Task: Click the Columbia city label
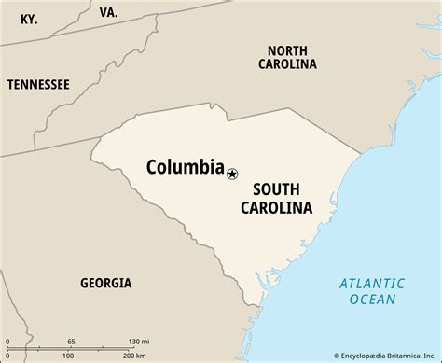click(x=185, y=168)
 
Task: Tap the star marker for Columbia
click(x=232, y=173)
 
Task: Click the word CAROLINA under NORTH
click(x=287, y=64)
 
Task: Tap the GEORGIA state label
click(x=105, y=283)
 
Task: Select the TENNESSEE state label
click(x=38, y=84)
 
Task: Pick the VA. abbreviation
click(x=108, y=13)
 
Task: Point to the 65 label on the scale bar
click(x=71, y=341)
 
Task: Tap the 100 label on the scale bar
click(x=70, y=356)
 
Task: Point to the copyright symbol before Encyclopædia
click(x=311, y=355)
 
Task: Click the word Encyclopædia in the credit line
click(x=345, y=355)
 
